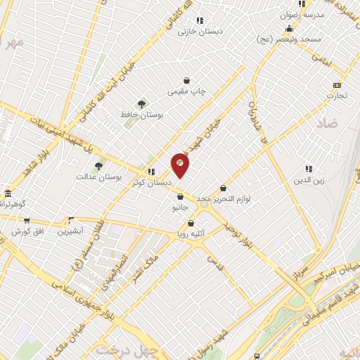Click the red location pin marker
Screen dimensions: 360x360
click(x=180, y=165)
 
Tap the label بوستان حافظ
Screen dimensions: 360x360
click(x=143, y=115)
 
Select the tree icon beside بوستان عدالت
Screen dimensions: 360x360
click(x=98, y=167)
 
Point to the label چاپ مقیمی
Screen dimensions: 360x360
click(x=186, y=92)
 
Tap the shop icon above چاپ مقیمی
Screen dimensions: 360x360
click(x=186, y=81)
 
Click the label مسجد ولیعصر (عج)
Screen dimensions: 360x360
click(x=288, y=39)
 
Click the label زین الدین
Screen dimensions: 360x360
click(x=308, y=180)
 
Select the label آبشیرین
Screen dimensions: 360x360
click(x=70, y=231)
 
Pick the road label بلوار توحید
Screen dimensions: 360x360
click(x=240, y=236)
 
